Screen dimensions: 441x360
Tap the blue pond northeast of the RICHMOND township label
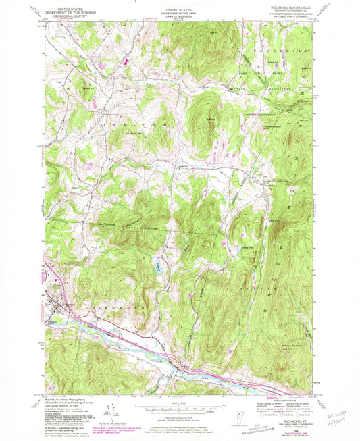[157, 266]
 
